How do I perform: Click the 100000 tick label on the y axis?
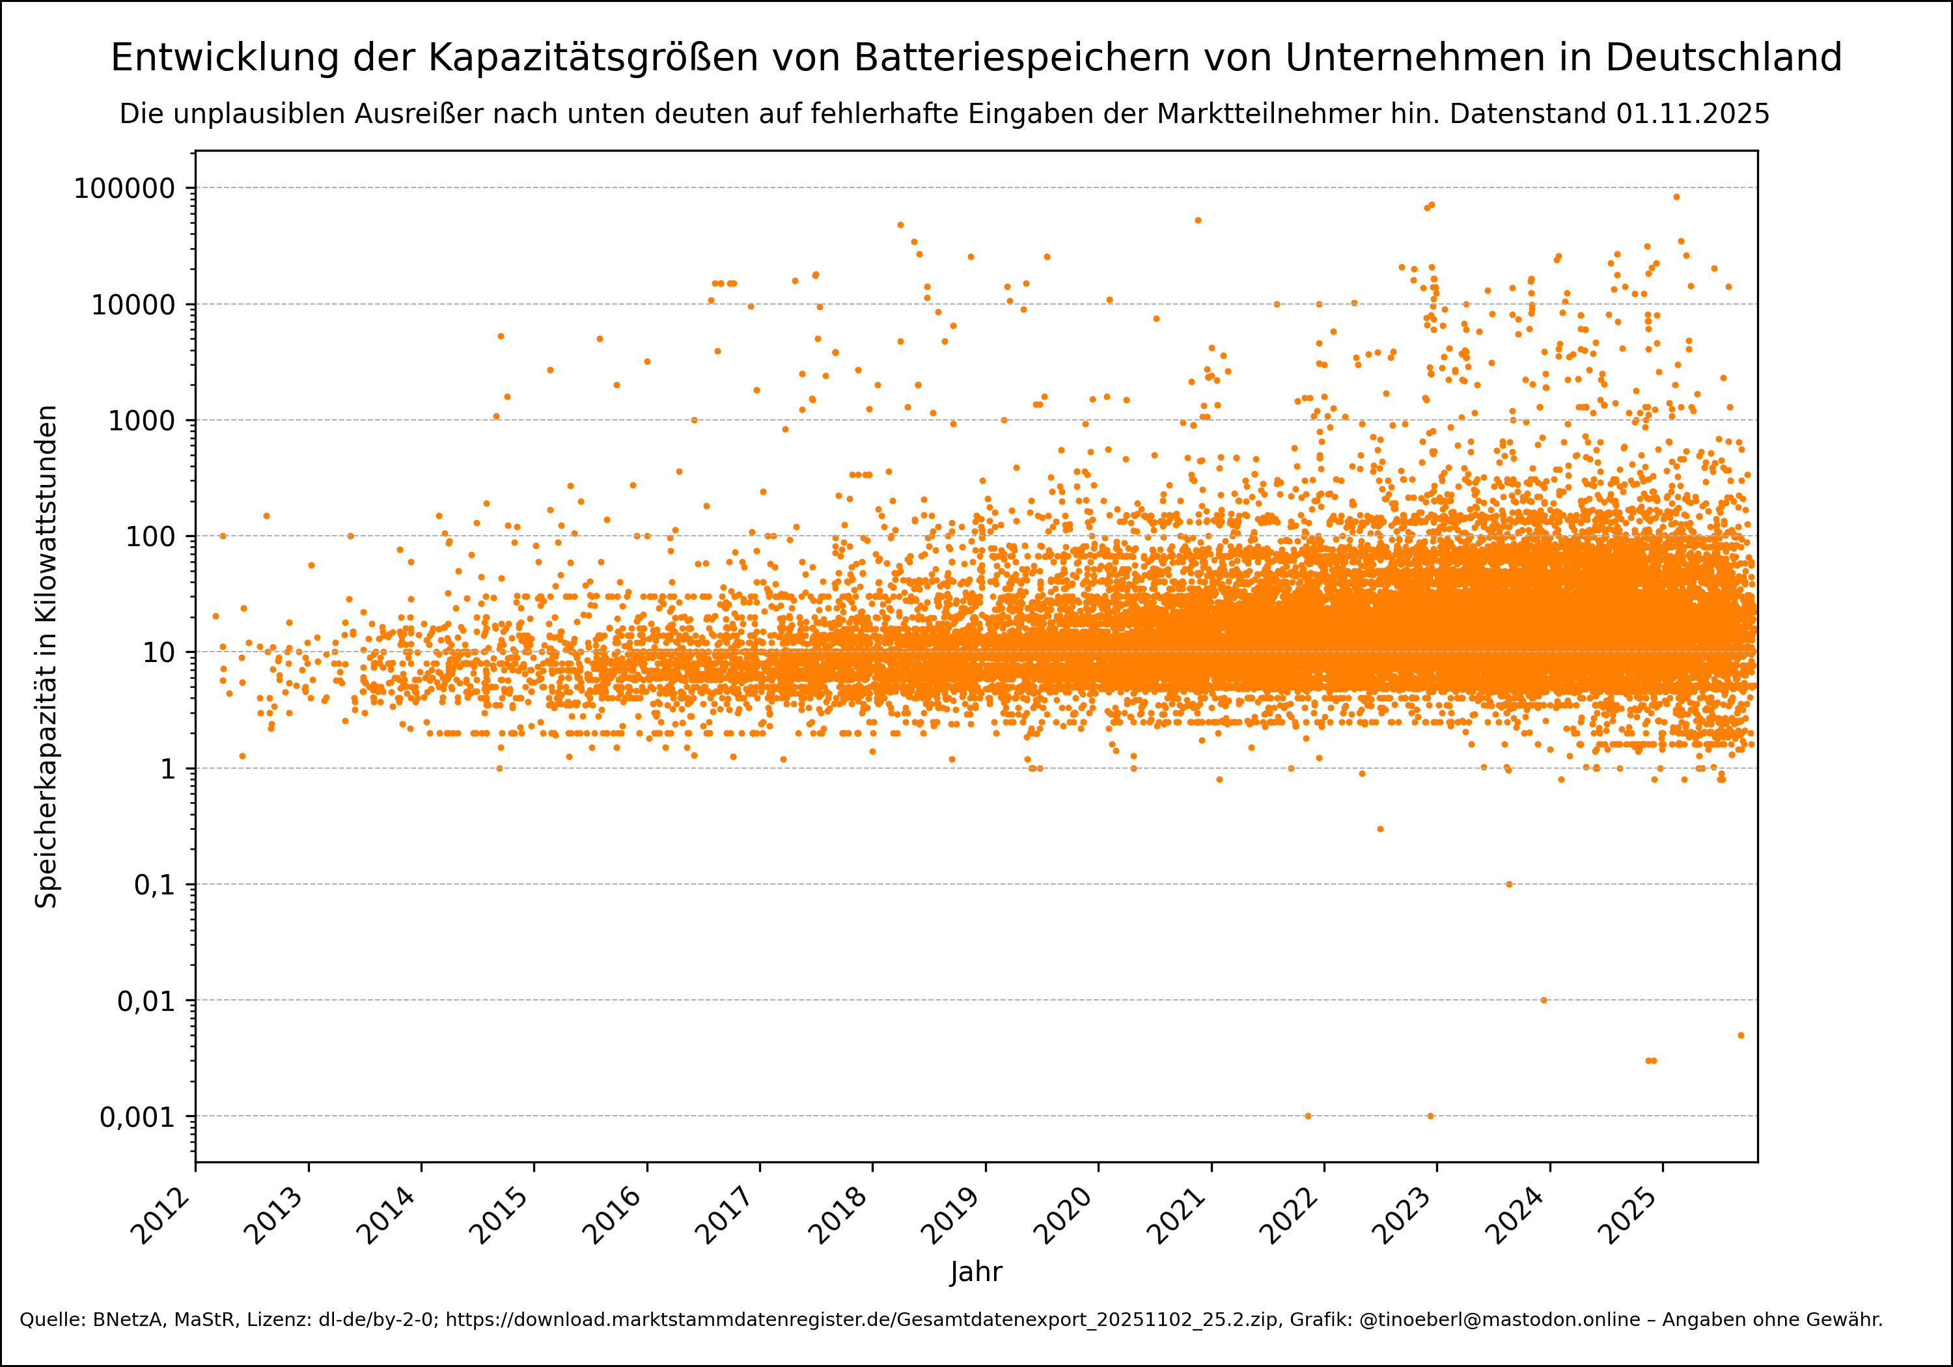[124, 188]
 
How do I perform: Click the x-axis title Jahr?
[976, 1272]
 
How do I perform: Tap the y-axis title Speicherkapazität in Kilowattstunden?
[46, 657]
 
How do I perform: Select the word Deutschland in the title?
[1723, 58]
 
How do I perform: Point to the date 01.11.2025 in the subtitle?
[1693, 114]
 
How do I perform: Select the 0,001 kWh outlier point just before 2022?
[1307, 1116]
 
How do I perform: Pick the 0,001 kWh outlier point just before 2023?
[1430, 1116]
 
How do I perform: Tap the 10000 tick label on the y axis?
[133, 305]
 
